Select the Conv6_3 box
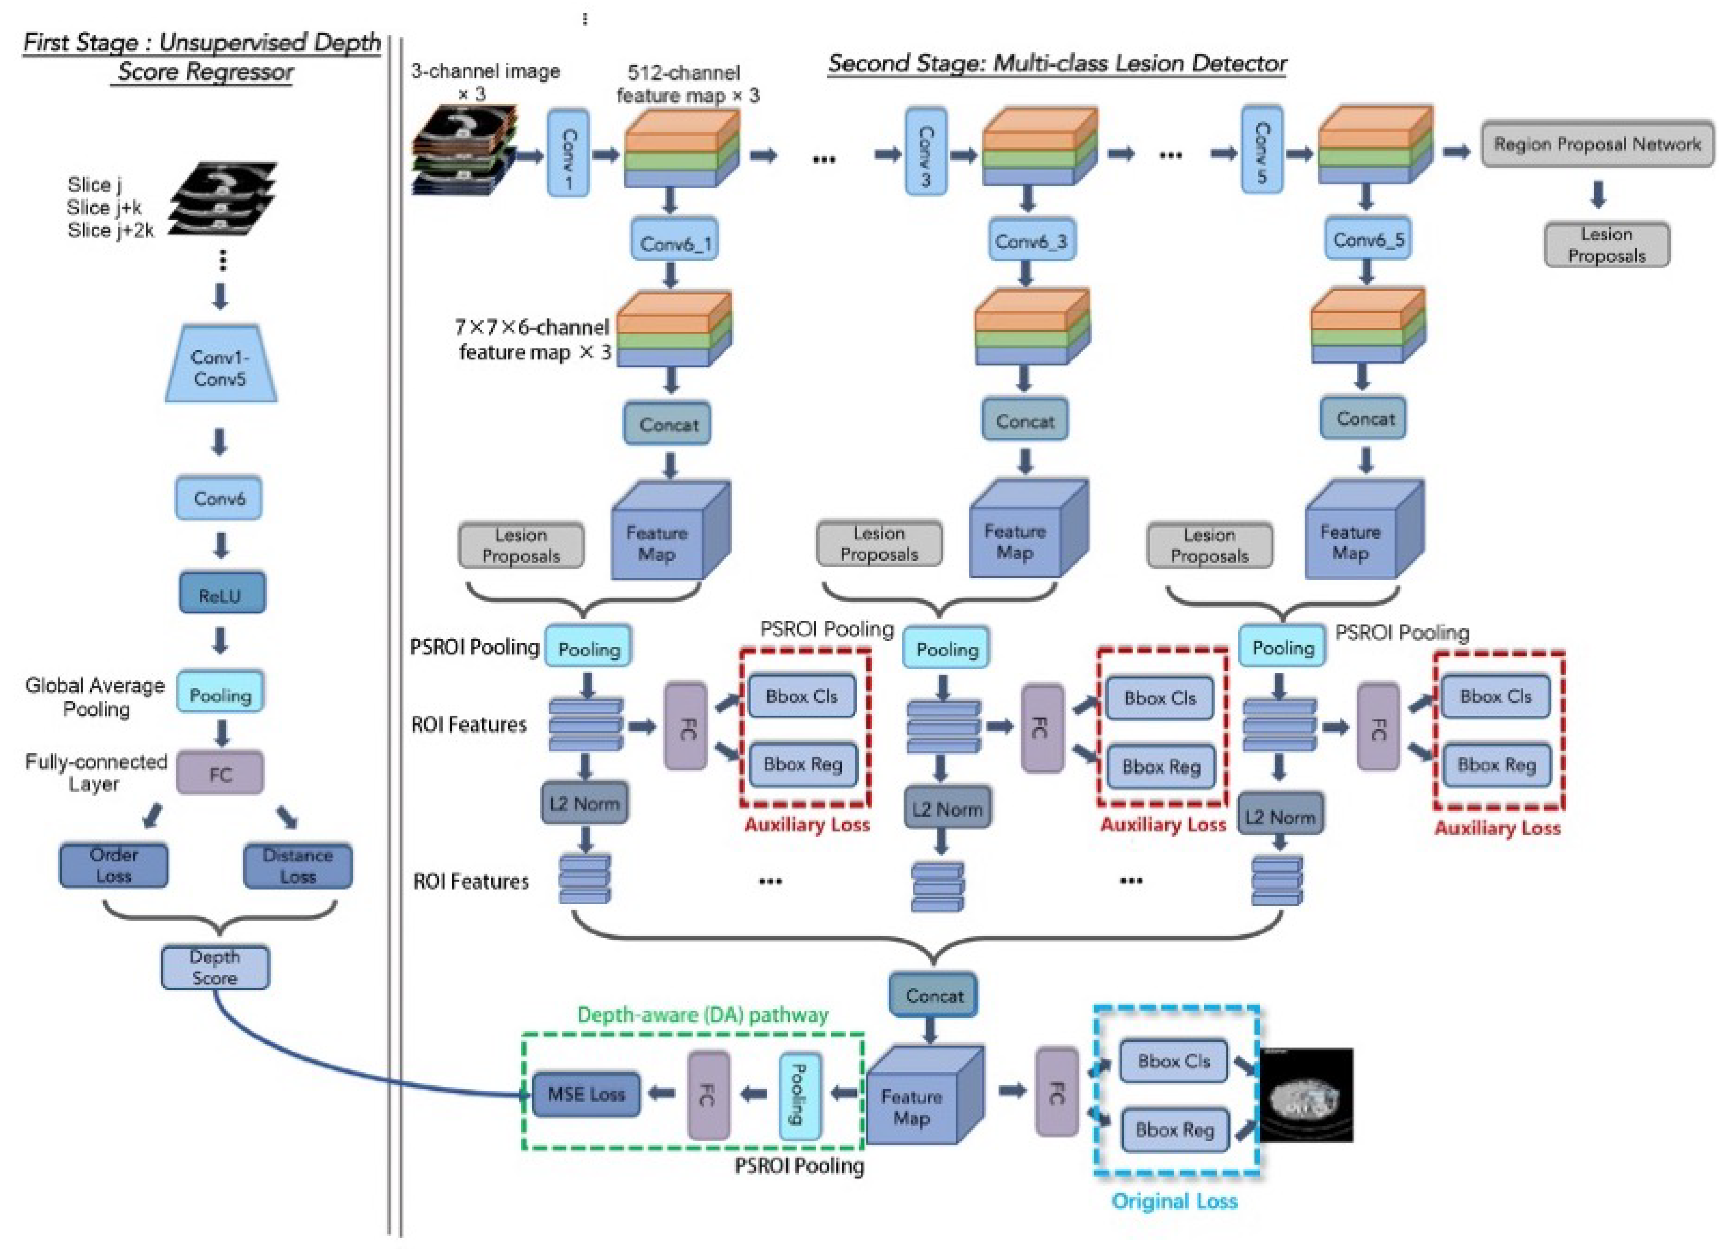click(x=1031, y=241)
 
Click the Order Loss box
click(x=113, y=865)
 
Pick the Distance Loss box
click(x=297, y=866)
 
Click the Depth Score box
click(x=215, y=967)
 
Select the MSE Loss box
click(x=586, y=1094)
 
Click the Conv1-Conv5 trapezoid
click(x=220, y=367)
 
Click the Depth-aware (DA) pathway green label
click(x=702, y=1014)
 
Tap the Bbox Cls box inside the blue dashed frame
click(x=1173, y=1061)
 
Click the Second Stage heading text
click(x=1057, y=63)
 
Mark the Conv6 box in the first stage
click(x=219, y=498)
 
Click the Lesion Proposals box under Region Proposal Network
click(x=1606, y=245)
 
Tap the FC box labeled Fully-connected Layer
click(x=220, y=774)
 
